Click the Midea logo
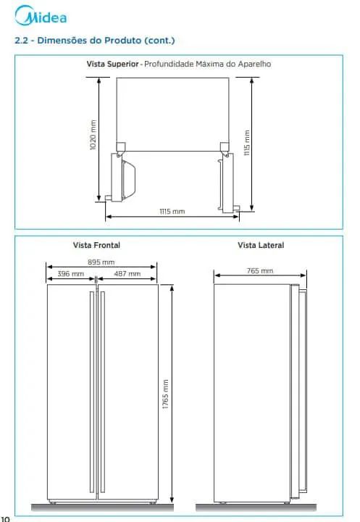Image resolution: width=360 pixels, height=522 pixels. (41, 15)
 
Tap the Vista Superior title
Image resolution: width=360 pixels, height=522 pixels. (112, 64)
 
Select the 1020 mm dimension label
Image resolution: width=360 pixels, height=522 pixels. (93, 135)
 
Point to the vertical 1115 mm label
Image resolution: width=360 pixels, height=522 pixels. (246, 143)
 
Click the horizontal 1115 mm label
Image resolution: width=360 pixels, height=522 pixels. (172, 212)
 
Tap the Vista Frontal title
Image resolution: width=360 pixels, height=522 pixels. (96, 245)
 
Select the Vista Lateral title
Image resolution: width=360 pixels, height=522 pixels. (261, 245)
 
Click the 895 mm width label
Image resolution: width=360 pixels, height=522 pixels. (101, 262)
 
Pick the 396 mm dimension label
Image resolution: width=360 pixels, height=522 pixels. (70, 273)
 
